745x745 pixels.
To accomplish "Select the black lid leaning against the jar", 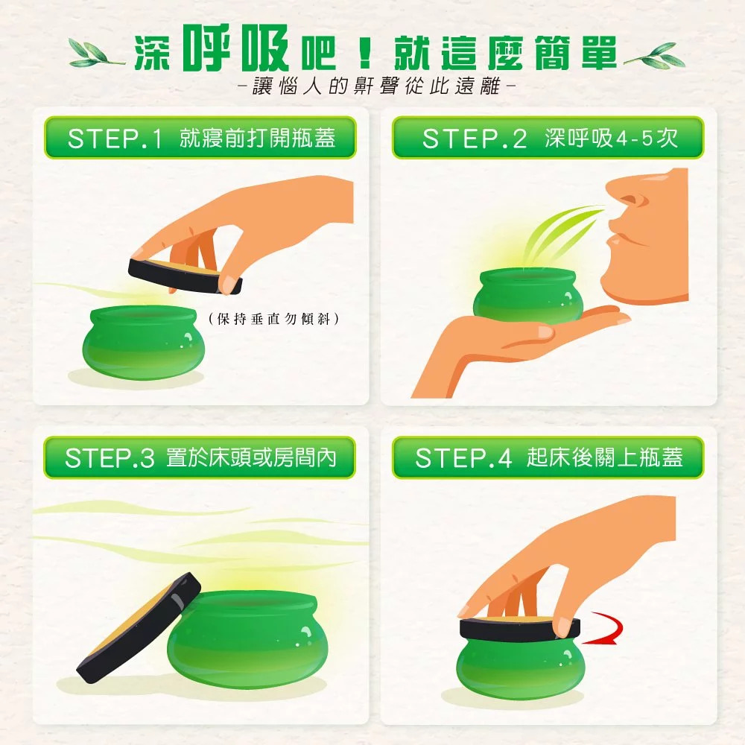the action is [x=138, y=628].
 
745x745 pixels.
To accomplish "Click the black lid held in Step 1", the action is [x=185, y=276].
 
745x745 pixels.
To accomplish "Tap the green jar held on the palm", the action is [x=527, y=294].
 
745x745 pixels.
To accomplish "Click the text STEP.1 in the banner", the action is [x=115, y=139].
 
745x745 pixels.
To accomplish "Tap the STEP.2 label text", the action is [x=474, y=139].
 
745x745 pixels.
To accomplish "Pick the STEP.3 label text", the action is [x=110, y=458].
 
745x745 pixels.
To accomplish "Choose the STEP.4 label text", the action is [x=463, y=458].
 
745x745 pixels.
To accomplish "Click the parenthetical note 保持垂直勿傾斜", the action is [x=274, y=319].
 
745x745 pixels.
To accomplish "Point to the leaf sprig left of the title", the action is [x=95, y=53].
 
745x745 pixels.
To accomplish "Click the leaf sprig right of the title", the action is [x=655, y=55].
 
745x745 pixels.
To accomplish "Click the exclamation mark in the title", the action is [x=365, y=52].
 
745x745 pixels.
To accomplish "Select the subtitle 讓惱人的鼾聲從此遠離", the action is [x=375, y=86].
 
